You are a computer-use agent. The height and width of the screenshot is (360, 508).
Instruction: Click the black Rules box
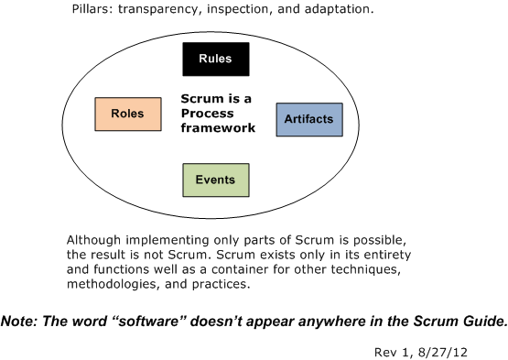click(216, 60)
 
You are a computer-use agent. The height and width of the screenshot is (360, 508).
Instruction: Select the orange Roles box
click(128, 114)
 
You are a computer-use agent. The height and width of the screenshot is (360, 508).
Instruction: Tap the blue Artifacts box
click(309, 119)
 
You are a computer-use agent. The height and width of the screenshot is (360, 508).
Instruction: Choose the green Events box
click(215, 180)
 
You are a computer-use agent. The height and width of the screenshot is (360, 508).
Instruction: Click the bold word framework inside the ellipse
click(217, 129)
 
